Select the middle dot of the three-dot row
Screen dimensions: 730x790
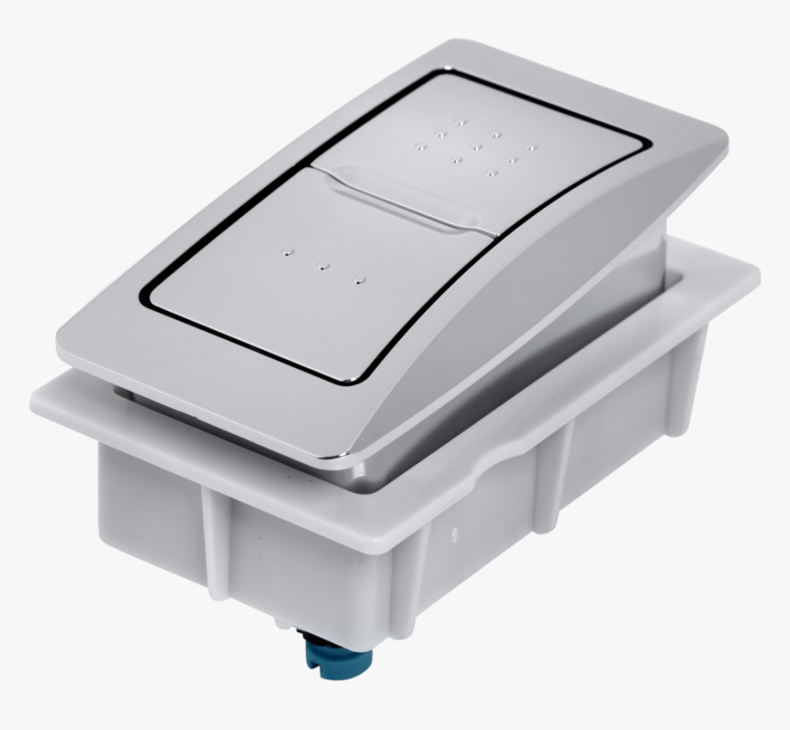(x=323, y=267)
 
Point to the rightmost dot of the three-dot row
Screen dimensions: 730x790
(x=360, y=279)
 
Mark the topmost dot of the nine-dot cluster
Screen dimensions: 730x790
(x=461, y=120)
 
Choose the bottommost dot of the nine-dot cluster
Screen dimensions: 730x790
(x=492, y=172)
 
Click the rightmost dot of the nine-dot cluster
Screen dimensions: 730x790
(x=530, y=145)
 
